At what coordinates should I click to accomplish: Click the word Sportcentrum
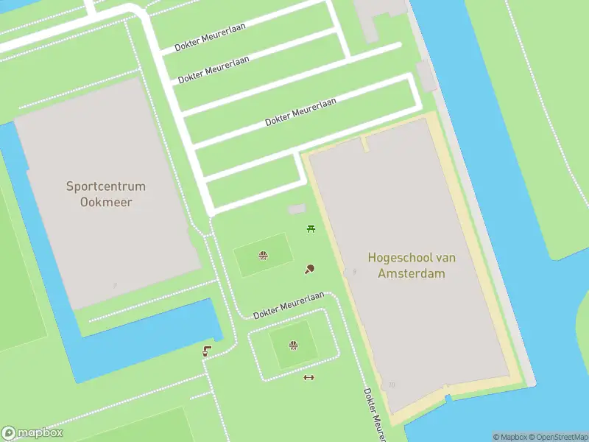tap(106, 187)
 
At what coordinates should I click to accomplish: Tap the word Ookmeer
tap(106, 201)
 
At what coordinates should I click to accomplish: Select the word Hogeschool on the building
tap(397, 258)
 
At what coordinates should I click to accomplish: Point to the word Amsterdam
tap(412, 273)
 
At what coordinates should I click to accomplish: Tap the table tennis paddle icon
tap(309, 270)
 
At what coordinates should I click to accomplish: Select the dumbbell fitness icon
tap(308, 378)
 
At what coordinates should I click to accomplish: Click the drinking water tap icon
tap(208, 352)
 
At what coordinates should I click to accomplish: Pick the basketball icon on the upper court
tap(262, 256)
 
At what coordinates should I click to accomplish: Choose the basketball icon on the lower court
tap(293, 345)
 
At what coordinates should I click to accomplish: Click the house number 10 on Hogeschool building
tap(392, 385)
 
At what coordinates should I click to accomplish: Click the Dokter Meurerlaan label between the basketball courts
tap(289, 305)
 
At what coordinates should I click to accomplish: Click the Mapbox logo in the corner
tap(32, 433)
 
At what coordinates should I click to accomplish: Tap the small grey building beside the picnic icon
tap(296, 210)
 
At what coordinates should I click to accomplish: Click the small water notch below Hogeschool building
tap(448, 398)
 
